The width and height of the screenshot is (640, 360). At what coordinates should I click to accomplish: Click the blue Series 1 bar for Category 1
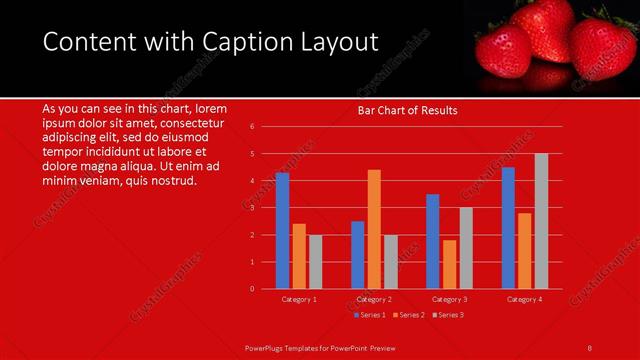point(282,231)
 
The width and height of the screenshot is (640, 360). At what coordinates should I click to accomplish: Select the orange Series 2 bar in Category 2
point(374,229)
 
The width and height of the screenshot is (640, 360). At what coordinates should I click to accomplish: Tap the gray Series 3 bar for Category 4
point(541,221)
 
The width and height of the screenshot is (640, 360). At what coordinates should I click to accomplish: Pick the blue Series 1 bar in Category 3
point(432,241)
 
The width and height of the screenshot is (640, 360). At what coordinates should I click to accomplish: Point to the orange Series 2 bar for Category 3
point(449,264)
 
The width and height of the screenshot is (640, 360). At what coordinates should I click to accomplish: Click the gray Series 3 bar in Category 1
point(315,262)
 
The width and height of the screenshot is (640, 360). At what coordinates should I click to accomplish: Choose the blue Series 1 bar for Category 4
point(508,228)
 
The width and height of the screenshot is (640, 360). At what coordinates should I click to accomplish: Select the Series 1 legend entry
point(372,315)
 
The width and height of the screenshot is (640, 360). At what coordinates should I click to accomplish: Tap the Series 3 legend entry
point(449,315)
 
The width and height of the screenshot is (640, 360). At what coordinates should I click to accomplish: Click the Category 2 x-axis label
point(374,299)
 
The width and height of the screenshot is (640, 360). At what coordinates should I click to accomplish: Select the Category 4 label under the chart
point(524,299)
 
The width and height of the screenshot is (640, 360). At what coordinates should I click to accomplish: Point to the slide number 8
point(589,347)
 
